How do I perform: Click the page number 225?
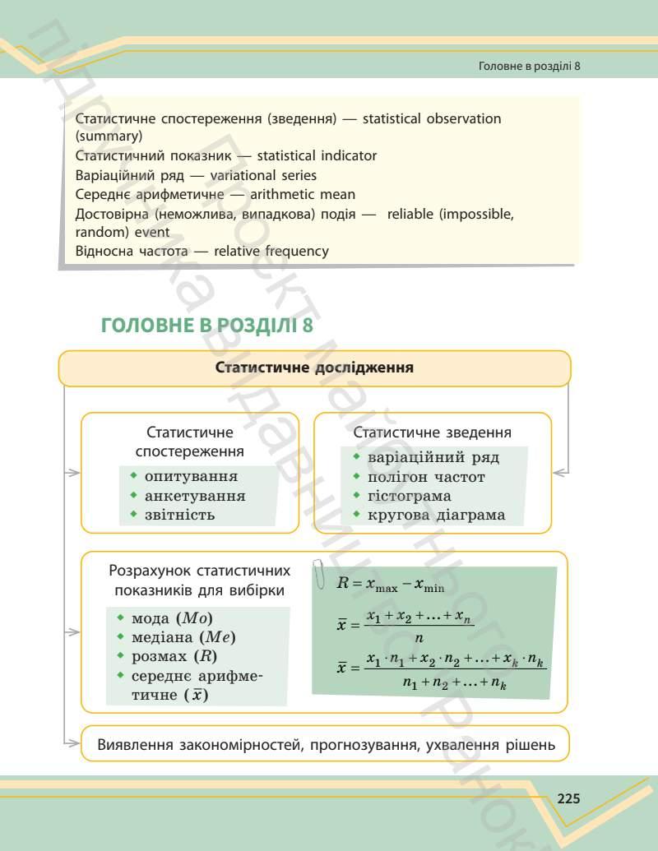pos(568,798)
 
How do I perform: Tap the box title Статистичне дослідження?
pos(314,368)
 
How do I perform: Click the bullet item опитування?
pos(191,476)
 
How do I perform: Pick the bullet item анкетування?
pos(194,496)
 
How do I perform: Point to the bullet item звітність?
pos(179,515)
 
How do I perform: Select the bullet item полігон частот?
pos(426,477)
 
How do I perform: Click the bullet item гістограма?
pos(409,496)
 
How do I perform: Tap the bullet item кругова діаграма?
pos(436,516)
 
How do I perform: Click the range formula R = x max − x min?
pos(391,584)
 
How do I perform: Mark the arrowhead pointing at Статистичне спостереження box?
pos(73,473)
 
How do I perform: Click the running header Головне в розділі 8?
pos(530,66)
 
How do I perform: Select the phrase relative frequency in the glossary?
pos(271,251)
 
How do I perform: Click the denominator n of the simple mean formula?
pos(419,637)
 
